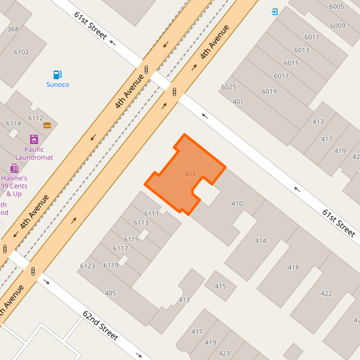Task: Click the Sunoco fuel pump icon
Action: [58, 75]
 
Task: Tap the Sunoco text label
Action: [58, 84]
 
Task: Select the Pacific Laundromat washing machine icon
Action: [34, 139]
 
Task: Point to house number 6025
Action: [228, 87]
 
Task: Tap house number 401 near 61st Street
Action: [238, 101]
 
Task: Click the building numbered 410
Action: [237, 204]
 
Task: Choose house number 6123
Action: [88, 266]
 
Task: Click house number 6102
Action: [22, 52]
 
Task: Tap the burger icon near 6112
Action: [47, 125]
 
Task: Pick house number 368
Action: [13, 29]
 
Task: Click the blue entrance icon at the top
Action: [274, 12]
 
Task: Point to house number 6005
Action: [336, 7]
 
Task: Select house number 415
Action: [220, 286]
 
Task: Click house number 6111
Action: [151, 213]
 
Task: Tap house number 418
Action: [293, 267]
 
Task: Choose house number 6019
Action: [269, 91]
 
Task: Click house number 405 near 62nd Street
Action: [110, 293]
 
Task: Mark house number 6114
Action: [14, 123]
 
